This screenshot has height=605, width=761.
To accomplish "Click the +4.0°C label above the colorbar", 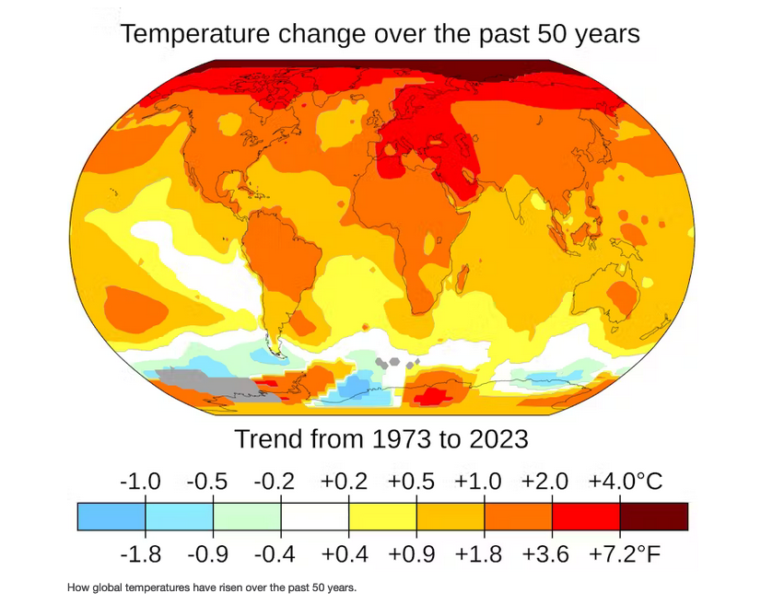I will point(626,483).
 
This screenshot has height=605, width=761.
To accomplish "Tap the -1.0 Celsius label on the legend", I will point(141,483).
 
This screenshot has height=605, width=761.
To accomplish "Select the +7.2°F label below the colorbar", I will point(626,554).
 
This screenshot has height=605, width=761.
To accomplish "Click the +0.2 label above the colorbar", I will point(344,483).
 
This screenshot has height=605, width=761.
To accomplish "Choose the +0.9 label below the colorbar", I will point(412,554).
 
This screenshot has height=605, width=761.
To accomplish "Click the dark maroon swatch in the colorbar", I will point(653,517).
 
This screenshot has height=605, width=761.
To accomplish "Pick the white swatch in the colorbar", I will point(314,517).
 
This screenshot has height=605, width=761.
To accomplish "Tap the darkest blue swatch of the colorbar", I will point(111,517).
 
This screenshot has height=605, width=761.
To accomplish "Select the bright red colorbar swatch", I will point(585,517).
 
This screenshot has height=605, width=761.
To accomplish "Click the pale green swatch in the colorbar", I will point(247,517).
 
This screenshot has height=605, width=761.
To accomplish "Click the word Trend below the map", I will point(267,438).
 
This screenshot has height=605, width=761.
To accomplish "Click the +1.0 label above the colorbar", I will point(479,483).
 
